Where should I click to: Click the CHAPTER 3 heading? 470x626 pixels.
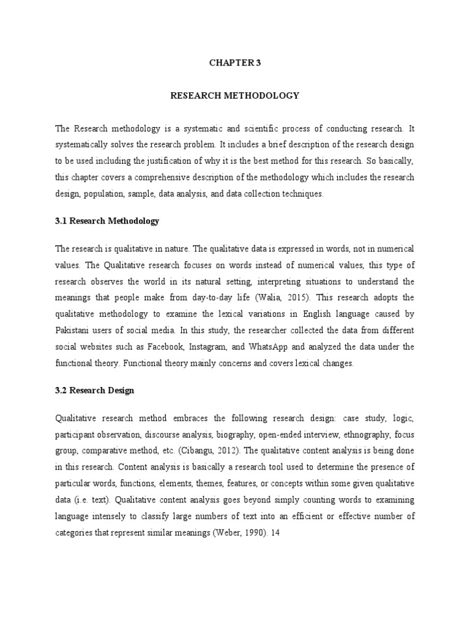click(235, 62)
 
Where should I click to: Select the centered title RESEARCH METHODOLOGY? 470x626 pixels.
click(235, 95)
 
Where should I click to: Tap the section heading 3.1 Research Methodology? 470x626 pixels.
click(107, 221)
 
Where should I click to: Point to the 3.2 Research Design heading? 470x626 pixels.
click(95, 390)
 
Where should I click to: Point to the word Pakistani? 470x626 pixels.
click(75, 330)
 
